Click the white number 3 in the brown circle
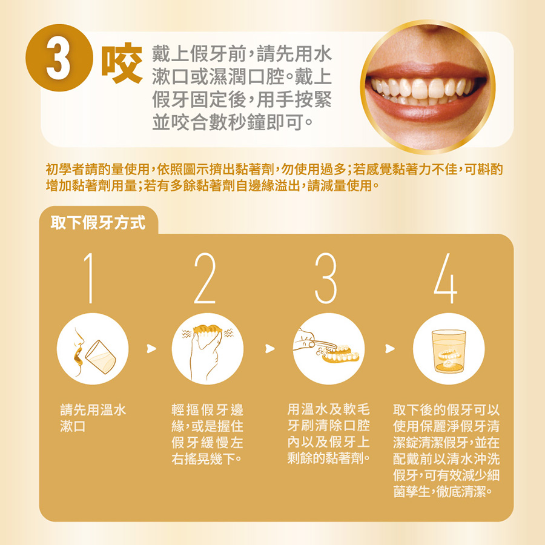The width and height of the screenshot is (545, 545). coord(58,58)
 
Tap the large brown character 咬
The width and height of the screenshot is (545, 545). coord(122,63)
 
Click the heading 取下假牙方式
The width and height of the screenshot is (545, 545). coord(98,222)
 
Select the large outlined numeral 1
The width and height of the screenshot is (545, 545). coord(89,278)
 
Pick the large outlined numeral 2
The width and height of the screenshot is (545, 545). coord(205,278)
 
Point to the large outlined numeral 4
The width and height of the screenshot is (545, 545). coord(446,278)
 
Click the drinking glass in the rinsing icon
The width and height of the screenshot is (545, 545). coord(101,357)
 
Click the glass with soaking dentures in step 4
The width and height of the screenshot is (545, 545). coord(448,351)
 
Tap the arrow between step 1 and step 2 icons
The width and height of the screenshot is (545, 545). coord(151,348)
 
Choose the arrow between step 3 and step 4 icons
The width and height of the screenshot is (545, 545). coord(390,348)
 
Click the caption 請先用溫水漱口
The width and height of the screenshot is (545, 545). coord(93,418)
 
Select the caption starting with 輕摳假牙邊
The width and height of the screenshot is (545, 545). coord(208,434)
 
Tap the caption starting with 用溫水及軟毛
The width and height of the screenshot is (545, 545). coord(329,434)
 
